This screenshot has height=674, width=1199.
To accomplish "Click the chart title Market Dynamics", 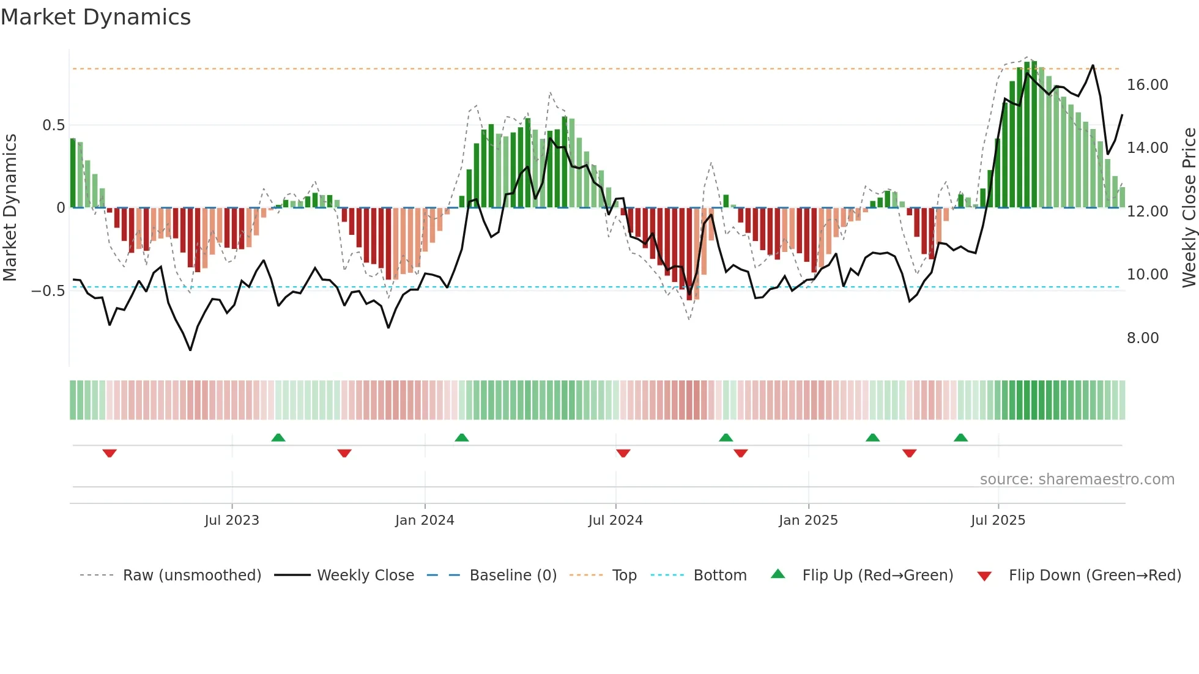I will [95, 17].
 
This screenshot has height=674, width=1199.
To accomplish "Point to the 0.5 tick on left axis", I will [53, 125].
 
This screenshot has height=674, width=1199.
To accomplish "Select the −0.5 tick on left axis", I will [48, 291].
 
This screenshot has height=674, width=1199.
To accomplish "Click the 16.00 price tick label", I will [1147, 85].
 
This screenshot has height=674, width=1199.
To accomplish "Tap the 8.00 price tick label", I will [1142, 338].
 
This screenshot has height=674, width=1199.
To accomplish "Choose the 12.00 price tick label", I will [1147, 212].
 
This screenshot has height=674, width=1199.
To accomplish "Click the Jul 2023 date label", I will [231, 520].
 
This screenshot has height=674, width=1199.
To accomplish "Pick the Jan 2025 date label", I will [807, 520].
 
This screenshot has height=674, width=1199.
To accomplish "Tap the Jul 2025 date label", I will [997, 520].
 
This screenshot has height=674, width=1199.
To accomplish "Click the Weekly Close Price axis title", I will [1189, 207].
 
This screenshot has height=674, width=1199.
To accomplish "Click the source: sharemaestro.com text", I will [1077, 480].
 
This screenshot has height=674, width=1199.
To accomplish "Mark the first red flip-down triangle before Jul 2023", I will [110, 453].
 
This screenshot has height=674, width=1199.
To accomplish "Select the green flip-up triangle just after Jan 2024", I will [462, 437].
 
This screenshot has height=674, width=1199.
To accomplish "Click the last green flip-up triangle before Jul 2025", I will [960, 437].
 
